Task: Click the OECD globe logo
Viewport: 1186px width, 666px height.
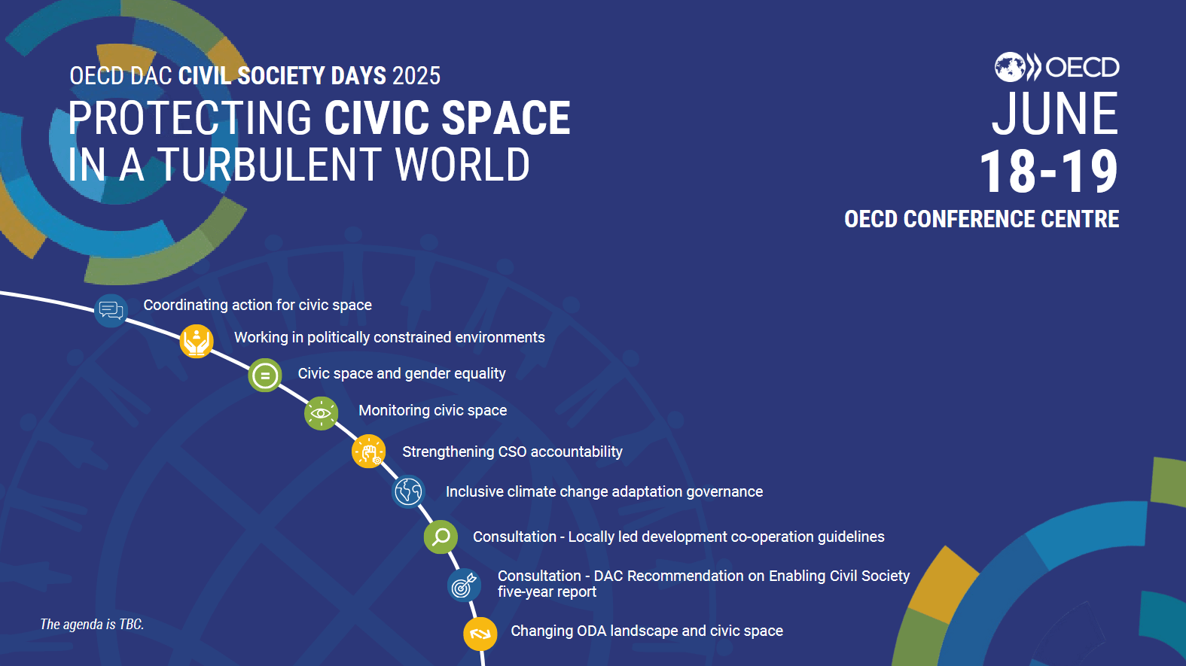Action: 1011,67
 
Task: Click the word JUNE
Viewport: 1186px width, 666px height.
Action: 1054,114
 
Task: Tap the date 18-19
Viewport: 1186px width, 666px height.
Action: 1048,172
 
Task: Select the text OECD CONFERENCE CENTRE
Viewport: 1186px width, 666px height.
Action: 981,219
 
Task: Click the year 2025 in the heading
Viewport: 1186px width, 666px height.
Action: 416,76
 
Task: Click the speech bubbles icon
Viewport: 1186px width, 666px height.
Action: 111,310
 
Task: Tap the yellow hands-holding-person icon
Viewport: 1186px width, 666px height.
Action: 197,342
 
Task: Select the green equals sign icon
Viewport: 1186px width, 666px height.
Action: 265,376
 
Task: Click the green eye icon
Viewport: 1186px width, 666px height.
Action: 321,413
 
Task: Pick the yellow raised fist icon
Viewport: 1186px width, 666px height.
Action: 369,452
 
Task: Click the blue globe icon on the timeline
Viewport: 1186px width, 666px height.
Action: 409,492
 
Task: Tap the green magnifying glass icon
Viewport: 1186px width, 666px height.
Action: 441,537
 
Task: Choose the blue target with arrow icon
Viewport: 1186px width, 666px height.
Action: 464,585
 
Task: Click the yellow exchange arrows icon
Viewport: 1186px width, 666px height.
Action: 480,634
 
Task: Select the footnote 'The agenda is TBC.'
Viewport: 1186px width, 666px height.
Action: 92,625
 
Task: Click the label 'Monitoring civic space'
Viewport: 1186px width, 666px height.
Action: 432,411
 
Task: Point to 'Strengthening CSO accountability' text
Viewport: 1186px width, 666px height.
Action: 512,452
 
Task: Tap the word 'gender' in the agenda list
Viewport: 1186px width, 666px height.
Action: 427,374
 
